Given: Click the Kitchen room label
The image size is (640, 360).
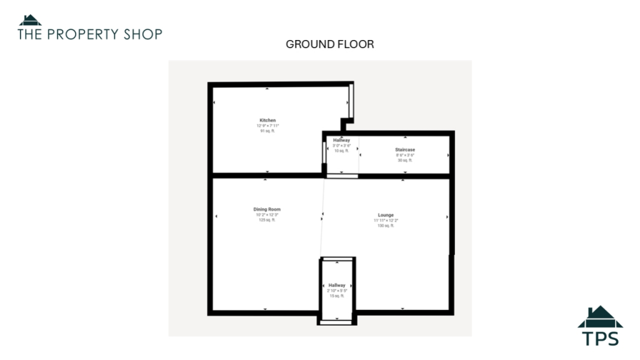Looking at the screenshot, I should click(x=267, y=120).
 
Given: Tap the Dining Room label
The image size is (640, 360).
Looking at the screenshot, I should click(x=267, y=209).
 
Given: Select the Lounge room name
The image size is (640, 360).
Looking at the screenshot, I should click(x=386, y=215).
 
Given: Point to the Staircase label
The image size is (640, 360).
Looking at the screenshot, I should click(x=405, y=150).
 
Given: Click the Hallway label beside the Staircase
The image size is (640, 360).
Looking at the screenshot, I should click(x=341, y=141).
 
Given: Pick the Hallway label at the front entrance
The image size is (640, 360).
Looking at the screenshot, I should click(x=337, y=285).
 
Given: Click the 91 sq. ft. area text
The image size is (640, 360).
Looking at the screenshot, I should click(x=267, y=131).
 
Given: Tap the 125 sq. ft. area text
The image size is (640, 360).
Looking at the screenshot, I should click(x=267, y=220).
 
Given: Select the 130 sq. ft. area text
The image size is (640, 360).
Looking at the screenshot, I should click(x=386, y=226).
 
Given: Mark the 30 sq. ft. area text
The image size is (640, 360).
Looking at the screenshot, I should click(x=405, y=161).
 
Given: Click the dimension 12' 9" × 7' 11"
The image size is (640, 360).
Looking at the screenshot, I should click(x=267, y=126).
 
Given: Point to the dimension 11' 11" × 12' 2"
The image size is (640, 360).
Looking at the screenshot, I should click(x=386, y=221).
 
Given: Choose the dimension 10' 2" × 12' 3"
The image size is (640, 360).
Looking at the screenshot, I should click(x=267, y=214).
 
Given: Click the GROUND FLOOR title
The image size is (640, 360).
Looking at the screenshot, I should click(x=329, y=44).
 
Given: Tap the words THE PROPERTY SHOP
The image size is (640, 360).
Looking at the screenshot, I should click(x=90, y=34).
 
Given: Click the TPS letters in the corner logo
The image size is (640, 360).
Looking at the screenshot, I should click(x=600, y=339).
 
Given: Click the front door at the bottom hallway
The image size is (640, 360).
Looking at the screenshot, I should click(x=337, y=323).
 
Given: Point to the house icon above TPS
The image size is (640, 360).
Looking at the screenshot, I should click(x=600, y=317).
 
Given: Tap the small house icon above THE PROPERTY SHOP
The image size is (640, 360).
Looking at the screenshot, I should click(x=30, y=20).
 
